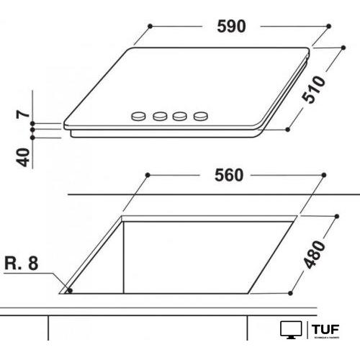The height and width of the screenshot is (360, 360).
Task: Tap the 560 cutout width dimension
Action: pos(230,175)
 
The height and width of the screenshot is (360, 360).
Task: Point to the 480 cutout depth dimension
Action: pos(317,252)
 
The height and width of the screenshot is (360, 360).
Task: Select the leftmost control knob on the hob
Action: pos(138,115)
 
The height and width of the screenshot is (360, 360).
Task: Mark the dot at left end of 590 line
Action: pos(149,26)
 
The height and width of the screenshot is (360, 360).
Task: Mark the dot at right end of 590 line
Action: pos(327,26)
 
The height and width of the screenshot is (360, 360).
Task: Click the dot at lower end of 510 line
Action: pos(288,130)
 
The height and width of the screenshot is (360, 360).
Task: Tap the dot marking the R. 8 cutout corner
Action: pos(69,292)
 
